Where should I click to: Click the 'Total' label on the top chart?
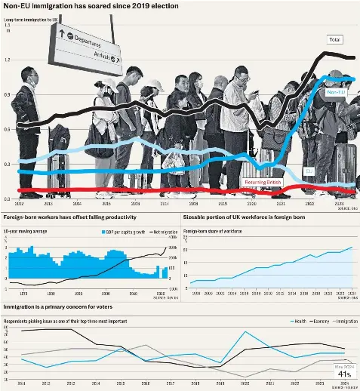click(335, 38)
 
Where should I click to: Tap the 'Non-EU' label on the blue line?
click(336, 92)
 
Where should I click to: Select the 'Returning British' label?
click(263, 182)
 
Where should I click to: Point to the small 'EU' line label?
click(308, 171)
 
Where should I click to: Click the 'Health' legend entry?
click(300, 321)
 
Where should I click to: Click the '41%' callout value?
click(344, 374)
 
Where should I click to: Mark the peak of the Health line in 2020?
click(244, 331)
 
